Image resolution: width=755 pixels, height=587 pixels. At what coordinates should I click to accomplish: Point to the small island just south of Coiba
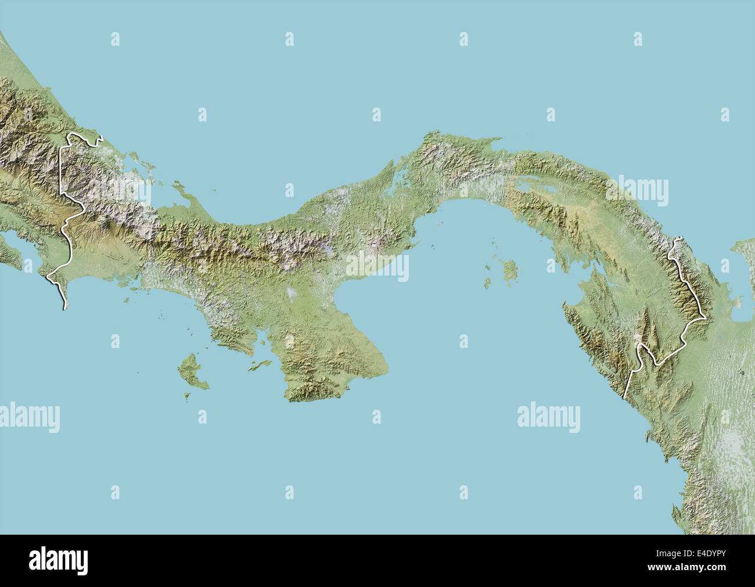188,398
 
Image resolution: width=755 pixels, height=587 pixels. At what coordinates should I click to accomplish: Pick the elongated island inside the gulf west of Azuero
260,365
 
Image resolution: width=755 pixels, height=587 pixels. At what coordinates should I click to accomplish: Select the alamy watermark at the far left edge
29,417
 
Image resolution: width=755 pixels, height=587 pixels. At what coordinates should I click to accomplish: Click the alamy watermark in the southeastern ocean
548,417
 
